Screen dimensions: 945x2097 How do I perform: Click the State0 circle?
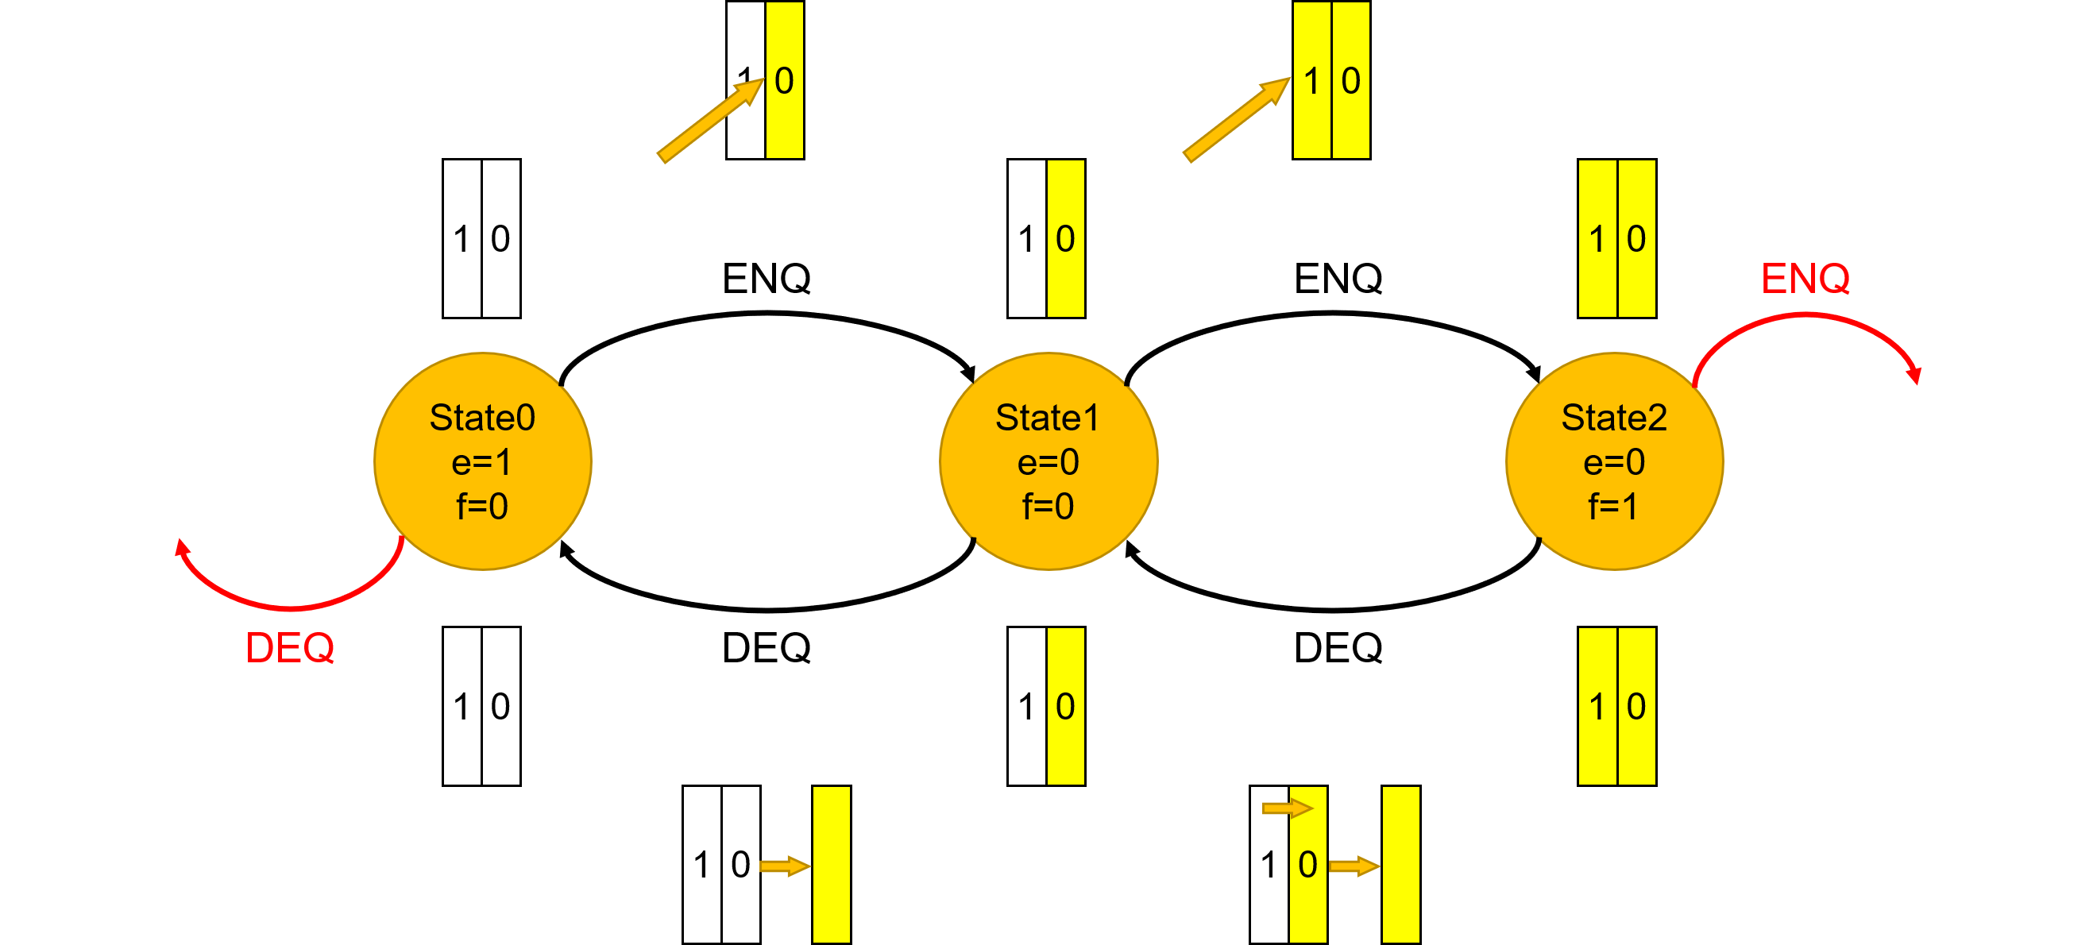(482, 461)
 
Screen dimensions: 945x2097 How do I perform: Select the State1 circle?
(1048, 461)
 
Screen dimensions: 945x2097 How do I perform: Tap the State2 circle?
(1613, 461)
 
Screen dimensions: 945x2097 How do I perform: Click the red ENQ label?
(1804, 279)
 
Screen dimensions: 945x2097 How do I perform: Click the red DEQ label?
(290, 649)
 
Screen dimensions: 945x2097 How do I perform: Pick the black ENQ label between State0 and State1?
(766, 279)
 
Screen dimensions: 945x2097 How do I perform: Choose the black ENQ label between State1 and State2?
(1338, 279)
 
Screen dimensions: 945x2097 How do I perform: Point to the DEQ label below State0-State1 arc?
(766, 649)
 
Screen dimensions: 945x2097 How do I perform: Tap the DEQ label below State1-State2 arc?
(1338, 649)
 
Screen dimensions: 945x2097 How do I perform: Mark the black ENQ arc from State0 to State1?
(766, 314)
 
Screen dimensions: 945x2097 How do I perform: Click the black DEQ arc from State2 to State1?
(1335, 608)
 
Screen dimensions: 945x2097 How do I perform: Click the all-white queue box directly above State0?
(481, 238)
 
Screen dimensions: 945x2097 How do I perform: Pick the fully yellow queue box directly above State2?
(1616, 238)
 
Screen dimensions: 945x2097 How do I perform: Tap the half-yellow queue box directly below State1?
(1046, 706)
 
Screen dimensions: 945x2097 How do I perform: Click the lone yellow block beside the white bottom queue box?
(831, 865)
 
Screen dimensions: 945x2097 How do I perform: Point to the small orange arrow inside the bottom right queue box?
(1287, 808)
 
